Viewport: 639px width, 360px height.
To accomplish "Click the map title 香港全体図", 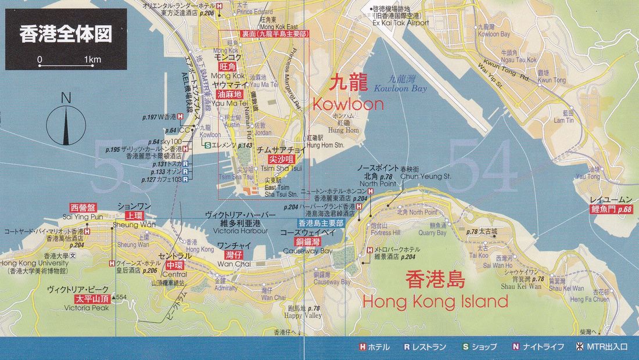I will click(65, 34).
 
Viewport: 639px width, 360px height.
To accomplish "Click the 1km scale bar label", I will click(92, 59).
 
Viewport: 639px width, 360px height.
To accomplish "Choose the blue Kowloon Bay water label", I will click(401, 89).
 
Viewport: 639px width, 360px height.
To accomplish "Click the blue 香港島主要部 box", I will click(321, 223).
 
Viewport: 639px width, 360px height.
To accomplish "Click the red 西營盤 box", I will click(82, 207).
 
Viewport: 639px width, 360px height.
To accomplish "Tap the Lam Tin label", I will click(563, 120).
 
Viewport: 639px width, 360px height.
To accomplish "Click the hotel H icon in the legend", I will click(362, 347).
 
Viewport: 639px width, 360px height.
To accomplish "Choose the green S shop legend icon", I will click(465, 347).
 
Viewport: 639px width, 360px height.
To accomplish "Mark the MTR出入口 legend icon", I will click(579, 347).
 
